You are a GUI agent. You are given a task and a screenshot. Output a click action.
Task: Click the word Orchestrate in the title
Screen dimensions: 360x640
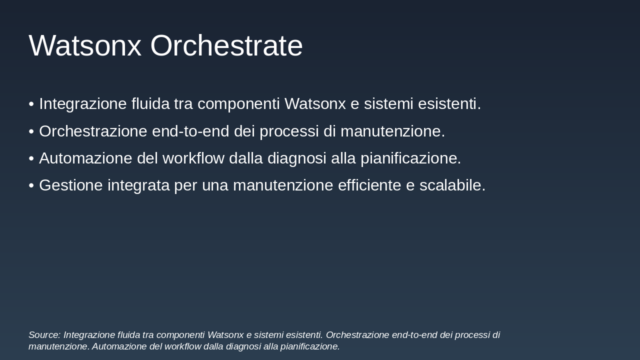226,45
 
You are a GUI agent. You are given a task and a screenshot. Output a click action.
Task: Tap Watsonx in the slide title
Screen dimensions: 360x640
85,45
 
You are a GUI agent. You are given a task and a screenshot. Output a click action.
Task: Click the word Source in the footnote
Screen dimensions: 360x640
44,335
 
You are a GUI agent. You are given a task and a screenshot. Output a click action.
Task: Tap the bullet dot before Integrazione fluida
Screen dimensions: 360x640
31,104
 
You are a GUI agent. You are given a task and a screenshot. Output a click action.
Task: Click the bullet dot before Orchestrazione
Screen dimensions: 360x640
31,131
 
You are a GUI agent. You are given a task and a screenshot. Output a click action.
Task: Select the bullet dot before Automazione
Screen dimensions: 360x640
31,158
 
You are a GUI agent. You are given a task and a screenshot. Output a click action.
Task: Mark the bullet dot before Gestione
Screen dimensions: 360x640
31,185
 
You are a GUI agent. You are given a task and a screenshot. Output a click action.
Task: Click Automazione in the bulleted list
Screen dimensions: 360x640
78,158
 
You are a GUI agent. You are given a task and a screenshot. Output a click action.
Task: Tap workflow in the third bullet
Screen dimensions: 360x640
193,158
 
